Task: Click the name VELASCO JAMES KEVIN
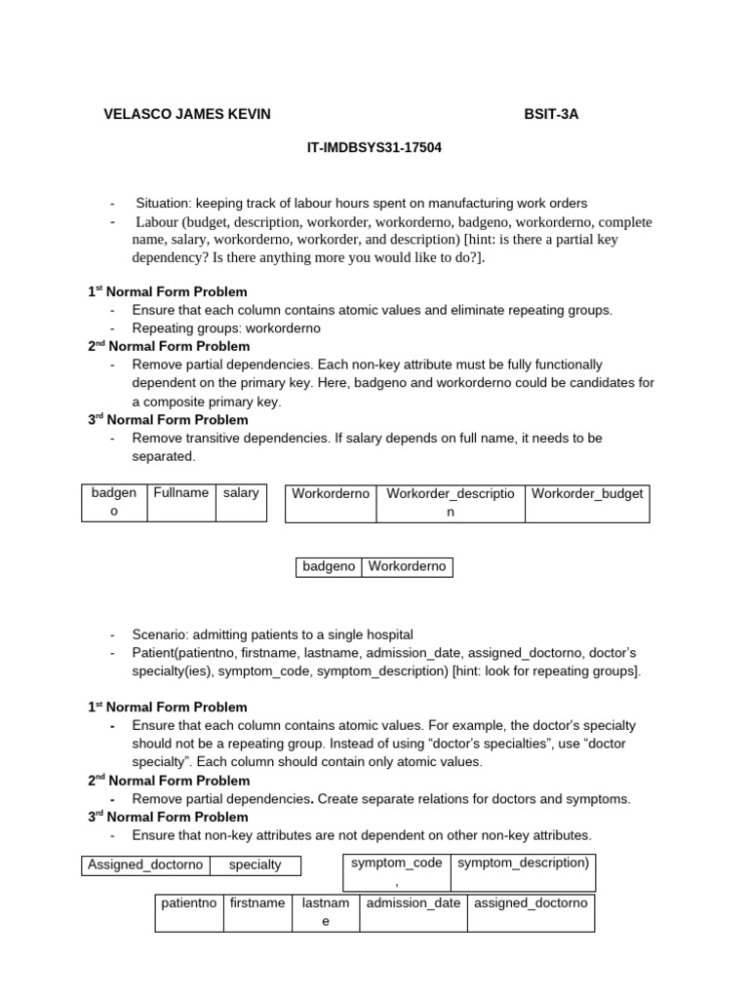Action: (x=186, y=114)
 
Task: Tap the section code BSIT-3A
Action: (x=551, y=114)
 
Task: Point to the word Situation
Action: (x=163, y=204)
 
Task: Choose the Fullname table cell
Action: (x=180, y=493)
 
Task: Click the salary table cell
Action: (x=241, y=493)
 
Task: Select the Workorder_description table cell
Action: (x=450, y=502)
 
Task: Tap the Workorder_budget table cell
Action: (x=586, y=493)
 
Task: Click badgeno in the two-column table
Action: (x=329, y=566)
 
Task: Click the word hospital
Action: (x=386, y=633)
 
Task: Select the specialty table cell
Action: (x=255, y=864)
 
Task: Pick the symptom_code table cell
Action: (x=396, y=863)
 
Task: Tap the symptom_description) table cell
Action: (x=523, y=863)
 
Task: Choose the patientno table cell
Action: (x=188, y=903)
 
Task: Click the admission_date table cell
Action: (x=413, y=903)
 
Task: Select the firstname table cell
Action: (x=257, y=903)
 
